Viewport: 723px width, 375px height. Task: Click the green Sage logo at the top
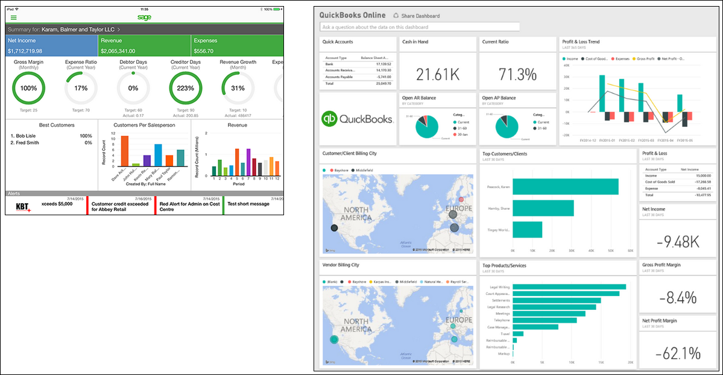(144, 17)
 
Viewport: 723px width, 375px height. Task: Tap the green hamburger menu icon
(14, 18)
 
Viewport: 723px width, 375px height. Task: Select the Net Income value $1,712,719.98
(25, 51)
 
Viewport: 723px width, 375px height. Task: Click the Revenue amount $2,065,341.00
(118, 51)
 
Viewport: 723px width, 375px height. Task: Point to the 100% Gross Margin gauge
(28, 88)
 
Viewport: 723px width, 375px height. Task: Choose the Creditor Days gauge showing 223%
(185, 88)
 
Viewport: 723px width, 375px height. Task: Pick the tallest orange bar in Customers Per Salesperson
(125, 150)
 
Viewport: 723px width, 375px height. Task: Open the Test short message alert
(248, 204)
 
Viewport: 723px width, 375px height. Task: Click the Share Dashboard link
(420, 16)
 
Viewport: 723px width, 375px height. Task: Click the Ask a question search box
(420, 27)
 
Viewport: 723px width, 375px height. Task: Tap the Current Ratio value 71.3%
(517, 75)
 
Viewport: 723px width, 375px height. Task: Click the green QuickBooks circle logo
(330, 119)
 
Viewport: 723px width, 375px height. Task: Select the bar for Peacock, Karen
(565, 186)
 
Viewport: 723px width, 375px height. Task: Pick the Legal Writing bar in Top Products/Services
(569, 287)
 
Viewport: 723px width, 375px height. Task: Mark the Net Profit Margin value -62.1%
(678, 353)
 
